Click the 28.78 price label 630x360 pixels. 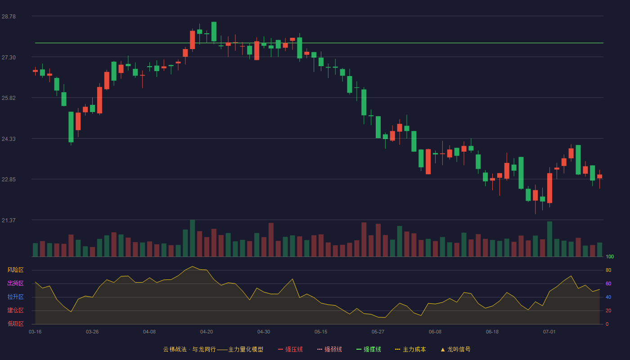pyautogui.click(x=9, y=17)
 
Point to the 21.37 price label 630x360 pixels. pyautogui.click(x=9, y=220)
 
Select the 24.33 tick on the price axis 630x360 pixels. pyautogui.click(x=9, y=139)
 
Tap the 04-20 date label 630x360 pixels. pyautogui.click(x=207, y=332)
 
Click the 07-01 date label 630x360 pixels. pyautogui.click(x=549, y=332)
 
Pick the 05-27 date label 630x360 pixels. pyautogui.click(x=378, y=332)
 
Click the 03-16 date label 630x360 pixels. pyautogui.click(x=35, y=332)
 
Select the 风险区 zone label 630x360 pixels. pyautogui.click(x=15, y=270)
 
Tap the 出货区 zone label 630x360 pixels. pyautogui.click(x=15, y=283)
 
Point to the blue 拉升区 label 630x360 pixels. pyautogui.click(x=15, y=297)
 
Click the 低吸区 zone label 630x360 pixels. pyautogui.click(x=15, y=324)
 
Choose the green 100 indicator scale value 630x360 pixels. pyautogui.click(x=610, y=256)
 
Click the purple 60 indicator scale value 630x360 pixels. pyautogui.click(x=608, y=283)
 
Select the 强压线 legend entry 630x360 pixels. pyautogui.click(x=290, y=349)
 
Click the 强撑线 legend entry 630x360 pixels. pyautogui.click(x=369, y=349)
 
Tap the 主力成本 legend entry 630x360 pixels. pyautogui.click(x=410, y=349)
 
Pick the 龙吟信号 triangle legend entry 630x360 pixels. pyautogui.click(x=455, y=349)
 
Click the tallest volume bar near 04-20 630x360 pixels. pyautogui.click(x=193, y=238)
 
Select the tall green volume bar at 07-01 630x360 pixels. pyautogui.click(x=549, y=239)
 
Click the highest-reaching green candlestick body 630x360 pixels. pyautogui.click(x=214, y=31)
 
